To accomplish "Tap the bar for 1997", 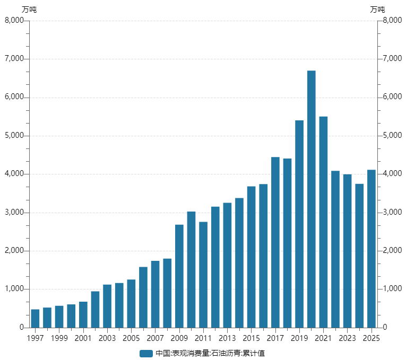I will pyautogui.click(x=35, y=318).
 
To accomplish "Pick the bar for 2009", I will pyautogui.click(x=179, y=276).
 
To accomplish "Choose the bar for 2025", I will pyautogui.click(x=371, y=249).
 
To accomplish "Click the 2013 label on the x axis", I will pyautogui.click(x=227, y=338).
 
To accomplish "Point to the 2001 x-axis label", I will pyautogui.click(x=83, y=338).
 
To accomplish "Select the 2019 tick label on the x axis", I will pyautogui.click(x=299, y=338).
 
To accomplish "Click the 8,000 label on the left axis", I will pyautogui.click(x=14, y=21).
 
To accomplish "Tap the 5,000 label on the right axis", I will pyautogui.click(x=392, y=136).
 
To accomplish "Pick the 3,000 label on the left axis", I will pyautogui.click(x=14, y=213).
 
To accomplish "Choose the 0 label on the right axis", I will pyautogui.click(x=385, y=328).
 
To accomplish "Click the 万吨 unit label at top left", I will pyautogui.click(x=29, y=9).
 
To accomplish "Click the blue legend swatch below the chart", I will pyautogui.click(x=146, y=354).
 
